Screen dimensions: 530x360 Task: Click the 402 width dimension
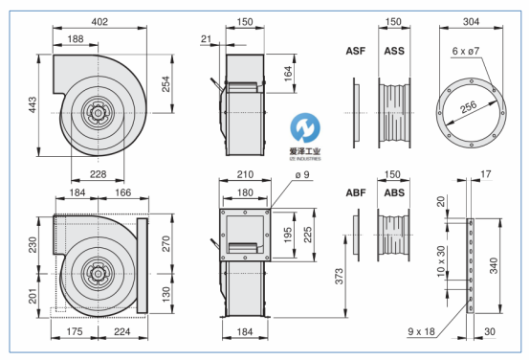(99, 22)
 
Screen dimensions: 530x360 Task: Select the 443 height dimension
(33, 105)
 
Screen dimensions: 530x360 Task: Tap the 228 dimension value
(98, 174)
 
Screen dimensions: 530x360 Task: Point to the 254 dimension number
(166, 84)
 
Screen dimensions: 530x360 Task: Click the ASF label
(356, 51)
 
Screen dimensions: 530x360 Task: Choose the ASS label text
(394, 51)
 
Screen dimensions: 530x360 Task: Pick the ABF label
(356, 192)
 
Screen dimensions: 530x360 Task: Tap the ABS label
(394, 192)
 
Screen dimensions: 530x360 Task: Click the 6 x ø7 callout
(466, 51)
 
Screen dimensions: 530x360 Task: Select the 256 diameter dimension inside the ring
(469, 107)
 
